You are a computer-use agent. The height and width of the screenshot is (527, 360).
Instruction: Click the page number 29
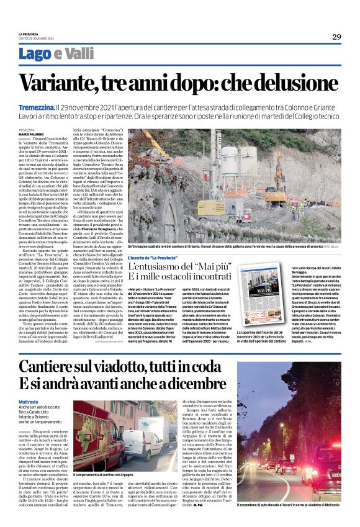tap(336, 37)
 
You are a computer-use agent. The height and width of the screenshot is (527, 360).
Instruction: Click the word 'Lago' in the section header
tap(35, 54)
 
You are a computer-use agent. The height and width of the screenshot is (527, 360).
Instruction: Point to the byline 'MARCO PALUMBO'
tap(32, 133)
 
